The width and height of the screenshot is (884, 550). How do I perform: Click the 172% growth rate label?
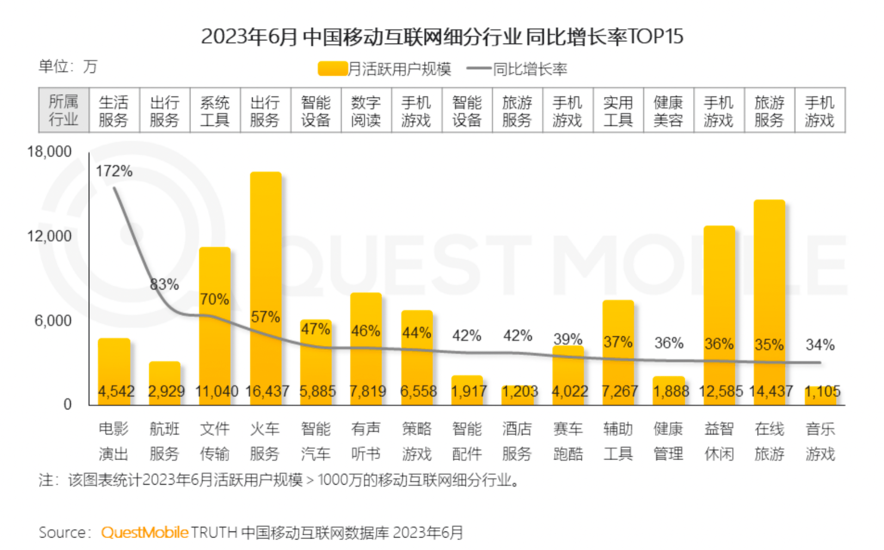[114, 171]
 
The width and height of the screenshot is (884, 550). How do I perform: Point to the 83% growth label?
[164, 284]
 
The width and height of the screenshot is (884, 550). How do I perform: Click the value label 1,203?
[519, 392]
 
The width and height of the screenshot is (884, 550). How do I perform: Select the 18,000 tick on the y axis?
[50, 152]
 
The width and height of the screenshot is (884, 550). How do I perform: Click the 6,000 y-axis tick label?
[53, 321]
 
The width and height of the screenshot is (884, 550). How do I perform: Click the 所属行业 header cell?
[63, 110]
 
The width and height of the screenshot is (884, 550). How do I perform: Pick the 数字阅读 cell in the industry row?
[366, 111]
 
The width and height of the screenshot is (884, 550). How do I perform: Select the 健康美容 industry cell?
[668, 111]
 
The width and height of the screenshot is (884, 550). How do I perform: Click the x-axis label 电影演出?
[113, 441]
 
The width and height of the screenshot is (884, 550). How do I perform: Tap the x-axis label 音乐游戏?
[820, 441]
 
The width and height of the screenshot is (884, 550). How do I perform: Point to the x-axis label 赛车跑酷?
[568, 441]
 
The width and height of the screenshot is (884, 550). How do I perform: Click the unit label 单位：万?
[67, 66]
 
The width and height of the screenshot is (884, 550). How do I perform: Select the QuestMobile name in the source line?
[145, 532]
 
